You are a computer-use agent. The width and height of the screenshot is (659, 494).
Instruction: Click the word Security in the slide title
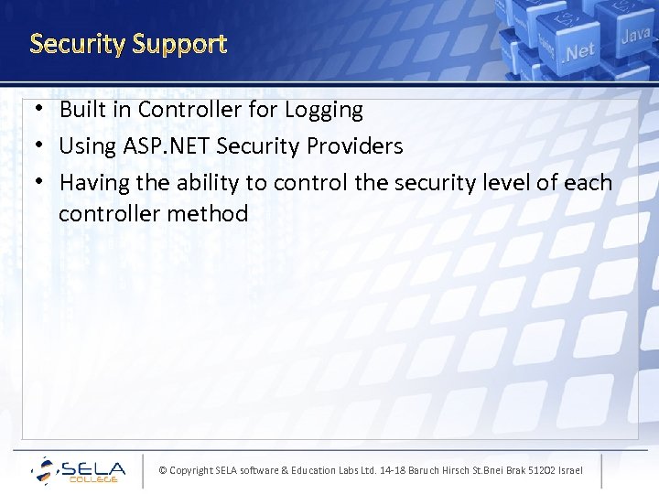[x=77, y=44]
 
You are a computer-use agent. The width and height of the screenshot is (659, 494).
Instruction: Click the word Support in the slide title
[x=178, y=45]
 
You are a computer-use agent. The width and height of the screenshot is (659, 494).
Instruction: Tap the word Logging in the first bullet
[x=323, y=111]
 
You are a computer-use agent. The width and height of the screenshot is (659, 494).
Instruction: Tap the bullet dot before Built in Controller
[x=30, y=110]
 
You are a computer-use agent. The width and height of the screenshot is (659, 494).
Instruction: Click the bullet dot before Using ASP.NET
[x=30, y=146]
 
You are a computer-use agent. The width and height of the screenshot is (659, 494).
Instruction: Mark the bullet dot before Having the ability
[x=30, y=183]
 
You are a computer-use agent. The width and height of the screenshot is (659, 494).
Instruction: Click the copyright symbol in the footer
[x=163, y=470]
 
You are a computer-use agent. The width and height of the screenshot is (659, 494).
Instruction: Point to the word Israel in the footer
[x=567, y=470]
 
